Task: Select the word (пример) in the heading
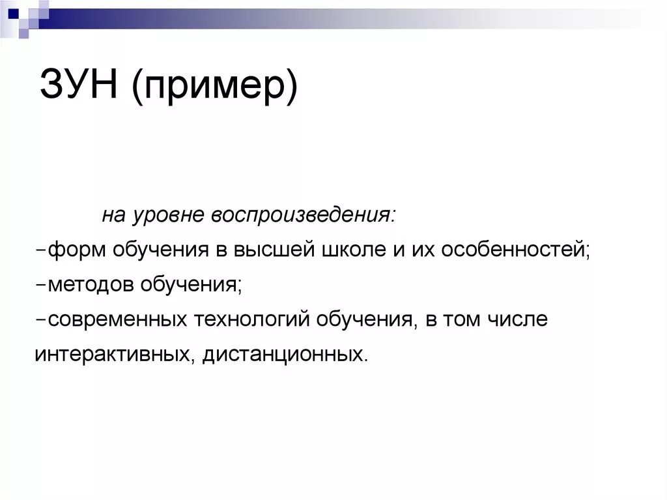tap(214, 87)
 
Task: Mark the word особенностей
tap(515, 250)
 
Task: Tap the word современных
tap(117, 320)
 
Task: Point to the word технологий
tap(251, 320)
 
